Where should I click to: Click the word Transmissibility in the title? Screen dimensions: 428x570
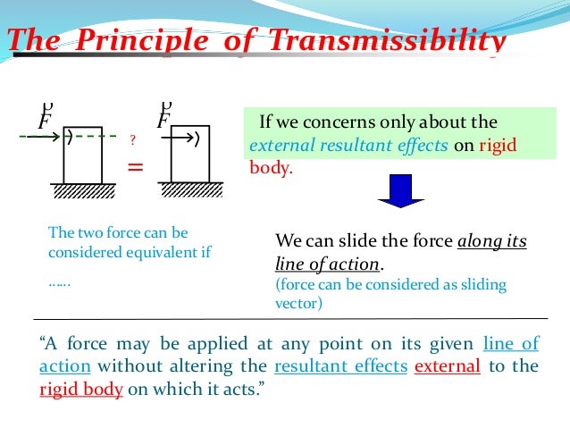click(394, 41)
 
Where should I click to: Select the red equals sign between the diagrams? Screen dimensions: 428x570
click(136, 165)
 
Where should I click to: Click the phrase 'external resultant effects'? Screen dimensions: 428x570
click(348, 147)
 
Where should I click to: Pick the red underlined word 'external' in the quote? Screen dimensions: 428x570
click(448, 366)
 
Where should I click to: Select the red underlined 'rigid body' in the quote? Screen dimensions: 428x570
click(80, 390)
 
